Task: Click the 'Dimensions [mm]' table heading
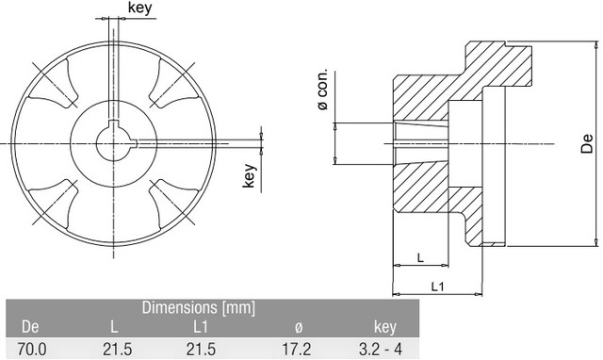[x=199, y=307]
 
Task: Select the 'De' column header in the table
[x=30, y=327]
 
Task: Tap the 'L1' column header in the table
[x=201, y=327]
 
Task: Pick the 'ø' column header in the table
[x=299, y=327]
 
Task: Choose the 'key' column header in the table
[x=385, y=327]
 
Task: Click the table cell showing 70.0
[x=32, y=350]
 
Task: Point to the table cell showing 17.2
[x=297, y=350]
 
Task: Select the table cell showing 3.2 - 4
[x=381, y=350]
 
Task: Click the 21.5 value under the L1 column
[x=201, y=350]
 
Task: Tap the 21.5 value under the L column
[x=117, y=350]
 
